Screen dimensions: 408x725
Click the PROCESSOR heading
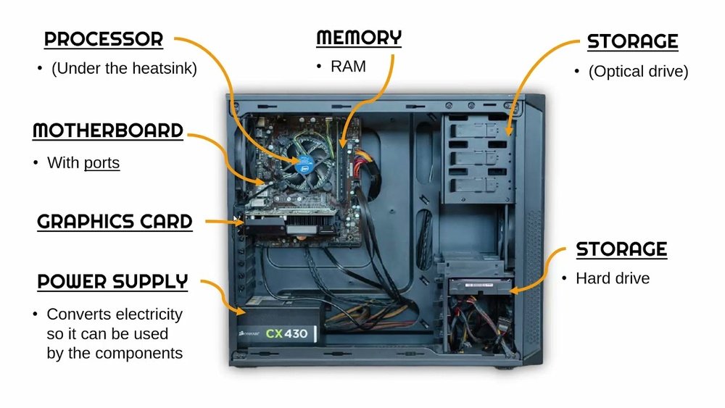(x=104, y=39)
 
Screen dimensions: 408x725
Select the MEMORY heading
(x=359, y=38)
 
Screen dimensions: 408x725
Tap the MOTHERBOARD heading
(x=107, y=131)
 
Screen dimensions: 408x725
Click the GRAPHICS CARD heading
(x=115, y=222)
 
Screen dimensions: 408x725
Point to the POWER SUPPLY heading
(x=112, y=281)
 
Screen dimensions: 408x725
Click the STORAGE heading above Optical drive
(x=632, y=41)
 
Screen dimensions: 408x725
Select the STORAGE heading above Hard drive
(x=621, y=250)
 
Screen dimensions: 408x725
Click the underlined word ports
(x=101, y=163)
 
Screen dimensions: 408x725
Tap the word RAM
(x=348, y=67)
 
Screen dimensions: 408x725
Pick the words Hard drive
(x=613, y=278)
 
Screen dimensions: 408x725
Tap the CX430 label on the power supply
(x=286, y=334)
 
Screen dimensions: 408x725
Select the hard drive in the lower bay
(x=478, y=285)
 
